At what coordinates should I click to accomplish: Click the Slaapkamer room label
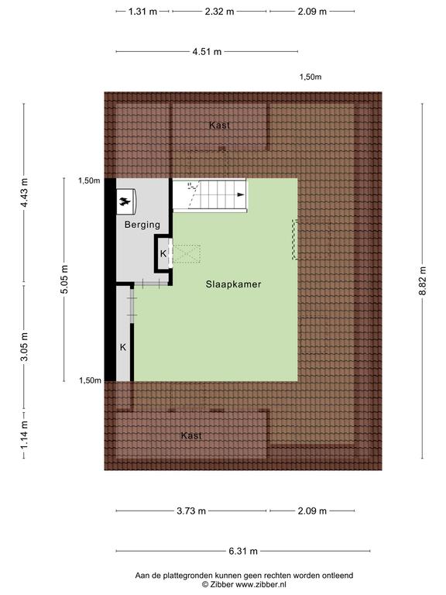pos(233,284)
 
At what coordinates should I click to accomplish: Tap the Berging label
pos(142,225)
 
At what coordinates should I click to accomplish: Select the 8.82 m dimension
pos(423,280)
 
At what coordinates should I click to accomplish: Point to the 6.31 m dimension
pos(243,551)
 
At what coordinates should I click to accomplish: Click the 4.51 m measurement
pos(207,52)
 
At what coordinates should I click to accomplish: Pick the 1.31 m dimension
pos(142,12)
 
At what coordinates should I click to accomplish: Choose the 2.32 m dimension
pos(220,12)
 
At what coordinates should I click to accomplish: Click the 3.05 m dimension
pos(24,347)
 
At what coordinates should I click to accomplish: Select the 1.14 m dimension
pos(24,434)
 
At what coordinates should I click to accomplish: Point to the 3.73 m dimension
pos(191,511)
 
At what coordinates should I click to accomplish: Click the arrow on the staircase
pos(241,194)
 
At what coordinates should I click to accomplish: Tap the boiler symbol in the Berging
pos(125,201)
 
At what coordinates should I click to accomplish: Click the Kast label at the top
pos(220,126)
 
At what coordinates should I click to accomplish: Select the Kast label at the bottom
pos(191,435)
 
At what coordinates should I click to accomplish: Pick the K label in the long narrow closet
pos(123,347)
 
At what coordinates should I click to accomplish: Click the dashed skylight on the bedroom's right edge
pos(295,239)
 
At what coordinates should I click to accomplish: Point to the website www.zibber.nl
pos(261,585)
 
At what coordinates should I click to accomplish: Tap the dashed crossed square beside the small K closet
pos(187,254)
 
